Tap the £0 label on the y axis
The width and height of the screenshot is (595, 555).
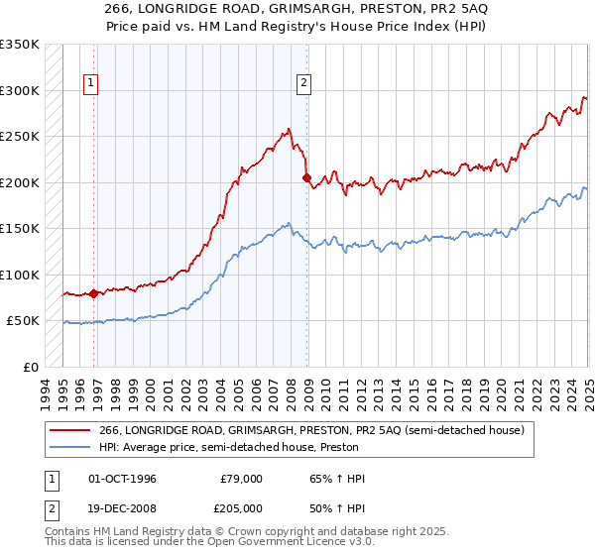point(29,367)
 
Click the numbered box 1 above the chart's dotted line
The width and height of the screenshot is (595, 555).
point(90,84)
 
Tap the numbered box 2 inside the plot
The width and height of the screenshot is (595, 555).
point(302,84)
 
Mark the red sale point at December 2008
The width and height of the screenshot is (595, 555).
point(306,178)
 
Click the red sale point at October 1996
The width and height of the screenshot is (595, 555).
point(94,293)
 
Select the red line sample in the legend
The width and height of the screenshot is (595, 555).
point(70,429)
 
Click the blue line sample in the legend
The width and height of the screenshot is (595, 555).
point(70,446)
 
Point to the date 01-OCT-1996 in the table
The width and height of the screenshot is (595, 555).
point(123,479)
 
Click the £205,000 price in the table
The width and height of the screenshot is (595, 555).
point(241,507)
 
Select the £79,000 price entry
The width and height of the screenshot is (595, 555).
point(241,479)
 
